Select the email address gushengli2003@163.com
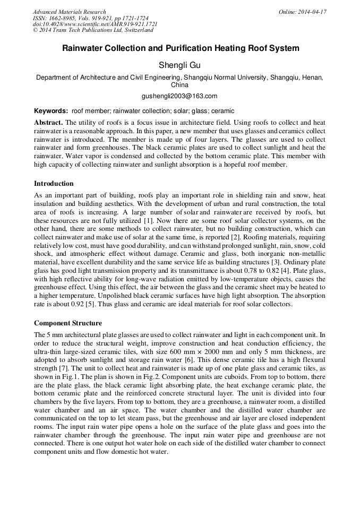[179, 96]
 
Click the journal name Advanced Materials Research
[69, 12]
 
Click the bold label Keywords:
[51, 111]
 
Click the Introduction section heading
[54, 184]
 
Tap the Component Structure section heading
[68, 323]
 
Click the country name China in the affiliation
[179, 85]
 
